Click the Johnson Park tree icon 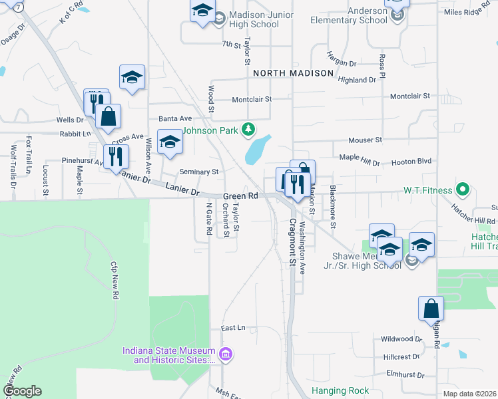pyautogui.click(x=248, y=128)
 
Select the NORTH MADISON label pyautogui.click(x=292, y=73)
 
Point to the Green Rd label pyautogui.click(x=240, y=196)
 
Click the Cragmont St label pyautogui.click(x=292, y=243)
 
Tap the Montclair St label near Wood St pyautogui.click(x=242, y=100)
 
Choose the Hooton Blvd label pyautogui.click(x=413, y=161)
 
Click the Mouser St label pyautogui.click(x=366, y=140)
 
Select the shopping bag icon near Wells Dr pyautogui.click(x=108, y=116)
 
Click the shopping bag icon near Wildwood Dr pyautogui.click(x=431, y=309)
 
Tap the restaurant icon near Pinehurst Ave pyautogui.click(x=117, y=156)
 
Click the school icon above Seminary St pyautogui.click(x=170, y=142)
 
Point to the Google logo pyautogui.click(x=21, y=391)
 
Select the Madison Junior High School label pyautogui.click(x=254, y=19)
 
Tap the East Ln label pyautogui.click(x=234, y=328)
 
